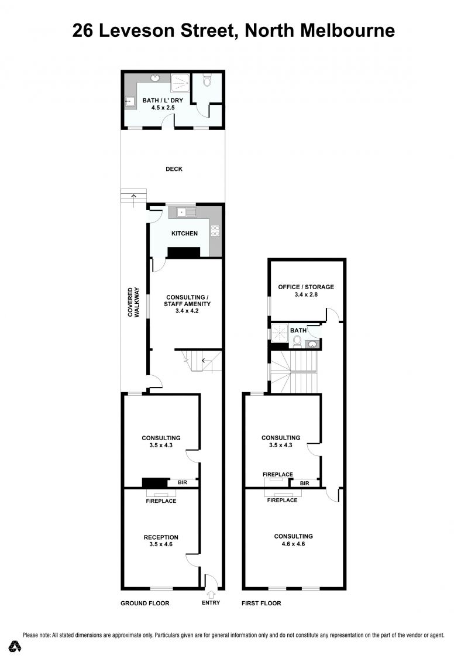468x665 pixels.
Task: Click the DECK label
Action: (174, 169)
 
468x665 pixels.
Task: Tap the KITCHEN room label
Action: (184, 233)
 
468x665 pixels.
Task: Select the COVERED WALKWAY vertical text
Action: (133, 303)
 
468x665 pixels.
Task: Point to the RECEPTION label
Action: (161, 537)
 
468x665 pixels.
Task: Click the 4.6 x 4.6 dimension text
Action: (293, 544)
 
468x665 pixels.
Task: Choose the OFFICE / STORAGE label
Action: (305, 287)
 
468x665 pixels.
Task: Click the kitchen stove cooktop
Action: (215, 231)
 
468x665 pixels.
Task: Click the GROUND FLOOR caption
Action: (144, 603)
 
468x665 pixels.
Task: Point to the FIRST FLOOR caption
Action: (261, 603)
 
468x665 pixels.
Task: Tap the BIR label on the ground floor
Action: (183, 482)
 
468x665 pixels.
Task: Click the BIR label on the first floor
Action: (304, 483)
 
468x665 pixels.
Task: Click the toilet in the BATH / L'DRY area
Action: (207, 80)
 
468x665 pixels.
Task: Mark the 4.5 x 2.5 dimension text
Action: (163, 108)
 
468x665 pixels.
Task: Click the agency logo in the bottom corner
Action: (16, 646)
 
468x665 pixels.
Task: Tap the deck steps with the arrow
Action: (133, 196)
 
